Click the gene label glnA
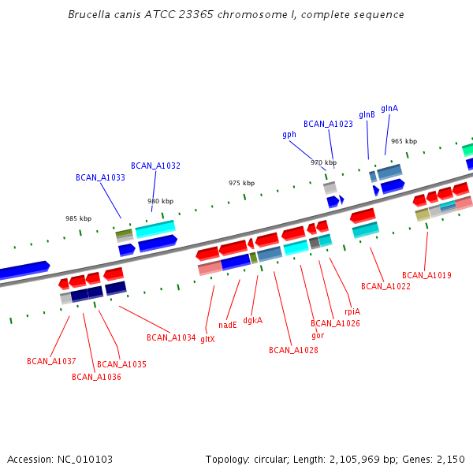[x=389, y=108]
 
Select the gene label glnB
[x=367, y=114]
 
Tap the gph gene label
[x=289, y=134]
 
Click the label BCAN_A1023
[x=328, y=124]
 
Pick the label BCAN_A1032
[x=155, y=166]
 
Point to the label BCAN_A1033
[x=100, y=177]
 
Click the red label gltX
[x=207, y=339]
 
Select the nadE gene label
[x=228, y=324]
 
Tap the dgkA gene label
[x=252, y=320]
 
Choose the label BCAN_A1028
[x=293, y=350]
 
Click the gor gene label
[x=318, y=335]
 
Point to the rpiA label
[x=352, y=311]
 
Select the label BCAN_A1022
[x=385, y=286]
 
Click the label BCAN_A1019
[x=426, y=275]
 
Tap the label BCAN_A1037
[x=51, y=361]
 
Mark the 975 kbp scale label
[x=241, y=183]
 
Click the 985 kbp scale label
[x=78, y=218]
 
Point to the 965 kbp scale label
[x=404, y=141]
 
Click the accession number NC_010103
[x=88, y=459]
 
